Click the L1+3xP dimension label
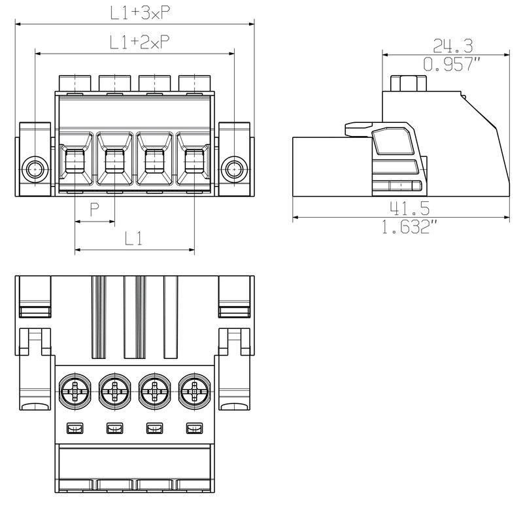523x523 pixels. [135, 12]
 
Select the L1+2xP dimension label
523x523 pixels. [135, 42]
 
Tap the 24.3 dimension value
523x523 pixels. [452, 45]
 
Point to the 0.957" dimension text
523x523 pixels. [452, 64]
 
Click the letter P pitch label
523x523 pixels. [95, 209]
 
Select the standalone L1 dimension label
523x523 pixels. [133, 239]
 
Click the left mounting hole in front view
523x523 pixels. [35, 169]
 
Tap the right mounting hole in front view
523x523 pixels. [233, 169]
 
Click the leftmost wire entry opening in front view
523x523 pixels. [76, 161]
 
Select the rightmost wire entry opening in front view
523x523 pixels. [194, 161]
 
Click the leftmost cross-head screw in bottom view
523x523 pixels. [76, 393]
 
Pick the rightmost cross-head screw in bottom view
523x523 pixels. [194, 393]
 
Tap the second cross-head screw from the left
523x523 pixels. [115, 393]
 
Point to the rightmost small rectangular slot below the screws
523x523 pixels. [194, 429]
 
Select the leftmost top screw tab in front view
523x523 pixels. [76, 83]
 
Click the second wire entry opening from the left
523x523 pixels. [115, 161]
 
